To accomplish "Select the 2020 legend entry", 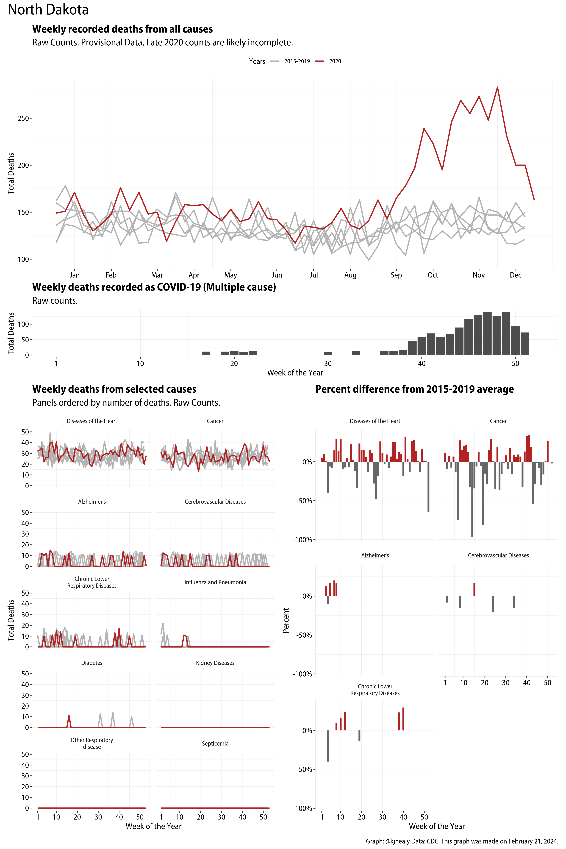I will (x=335, y=61).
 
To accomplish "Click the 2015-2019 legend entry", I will (x=297, y=61).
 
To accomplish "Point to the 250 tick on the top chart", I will (x=23, y=118).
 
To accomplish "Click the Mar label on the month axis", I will (x=157, y=275).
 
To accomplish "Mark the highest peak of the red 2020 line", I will (x=497, y=87).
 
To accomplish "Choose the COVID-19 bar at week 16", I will (x=206, y=353).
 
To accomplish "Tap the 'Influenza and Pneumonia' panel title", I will (x=215, y=582).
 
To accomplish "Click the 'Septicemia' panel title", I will (x=215, y=744).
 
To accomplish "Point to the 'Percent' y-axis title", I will (x=286, y=621).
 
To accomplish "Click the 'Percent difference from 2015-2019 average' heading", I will (x=414, y=389).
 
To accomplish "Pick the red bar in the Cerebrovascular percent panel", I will (x=474, y=589).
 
